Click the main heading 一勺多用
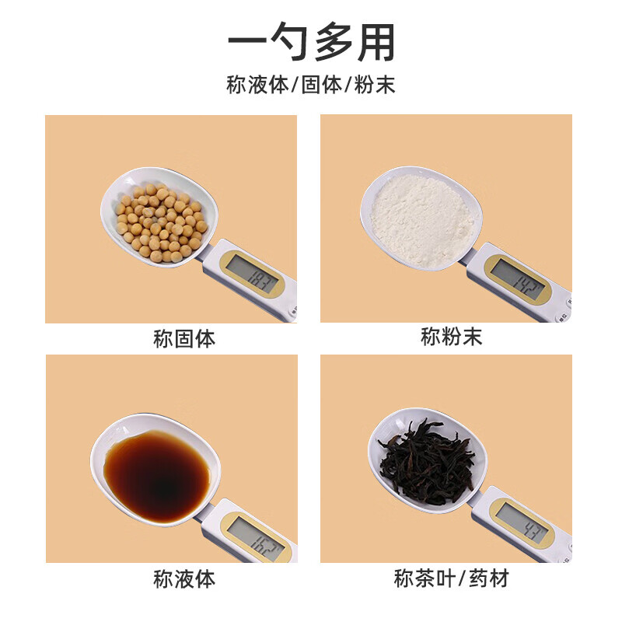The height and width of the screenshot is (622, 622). (x=311, y=42)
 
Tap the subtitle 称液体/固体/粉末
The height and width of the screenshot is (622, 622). (x=311, y=85)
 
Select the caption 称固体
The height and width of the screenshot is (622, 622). (x=184, y=340)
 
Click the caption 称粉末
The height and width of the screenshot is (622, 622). (x=452, y=337)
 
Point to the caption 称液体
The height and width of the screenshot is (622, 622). (x=184, y=578)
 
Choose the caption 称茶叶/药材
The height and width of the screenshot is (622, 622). (x=452, y=578)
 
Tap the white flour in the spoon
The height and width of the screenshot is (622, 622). (x=422, y=220)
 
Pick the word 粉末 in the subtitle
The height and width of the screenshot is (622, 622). (x=376, y=85)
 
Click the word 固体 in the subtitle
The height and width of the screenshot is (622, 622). (x=321, y=85)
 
